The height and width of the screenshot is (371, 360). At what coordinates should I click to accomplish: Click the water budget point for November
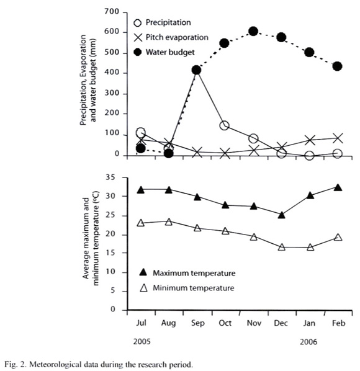tap(253, 31)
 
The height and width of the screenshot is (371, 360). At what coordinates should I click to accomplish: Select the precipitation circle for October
tap(224, 125)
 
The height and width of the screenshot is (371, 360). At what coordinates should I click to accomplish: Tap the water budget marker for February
tap(337, 66)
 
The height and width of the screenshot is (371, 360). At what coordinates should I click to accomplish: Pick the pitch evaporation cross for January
tap(310, 140)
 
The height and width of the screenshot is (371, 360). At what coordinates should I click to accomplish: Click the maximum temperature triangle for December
tap(281, 215)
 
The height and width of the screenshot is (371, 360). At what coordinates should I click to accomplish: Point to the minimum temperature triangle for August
tap(169, 221)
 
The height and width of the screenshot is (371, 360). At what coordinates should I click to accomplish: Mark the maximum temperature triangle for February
tap(338, 187)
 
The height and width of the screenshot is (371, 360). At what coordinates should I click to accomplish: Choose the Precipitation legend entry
tap(162, 22)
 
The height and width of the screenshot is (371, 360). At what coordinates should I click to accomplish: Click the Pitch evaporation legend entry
tap(171, 37)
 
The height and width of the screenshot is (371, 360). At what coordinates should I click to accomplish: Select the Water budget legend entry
tap(164, 52)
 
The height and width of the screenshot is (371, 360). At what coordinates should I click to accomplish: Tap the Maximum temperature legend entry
tap(187, 273)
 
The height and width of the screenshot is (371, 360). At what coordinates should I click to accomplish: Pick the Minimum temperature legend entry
tap(187, 288)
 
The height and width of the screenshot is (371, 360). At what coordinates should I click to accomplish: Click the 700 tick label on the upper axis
tap(112, 11)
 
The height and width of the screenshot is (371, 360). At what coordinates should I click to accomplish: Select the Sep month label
tap(197, 323)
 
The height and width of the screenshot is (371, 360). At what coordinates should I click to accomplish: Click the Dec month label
tap(281, 323)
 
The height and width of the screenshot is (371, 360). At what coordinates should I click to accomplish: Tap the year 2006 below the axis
tap(308, 342)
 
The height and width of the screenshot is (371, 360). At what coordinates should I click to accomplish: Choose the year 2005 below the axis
tap(142, 342)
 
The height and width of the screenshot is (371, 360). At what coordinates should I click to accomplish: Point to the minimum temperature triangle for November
tap(253, 237)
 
